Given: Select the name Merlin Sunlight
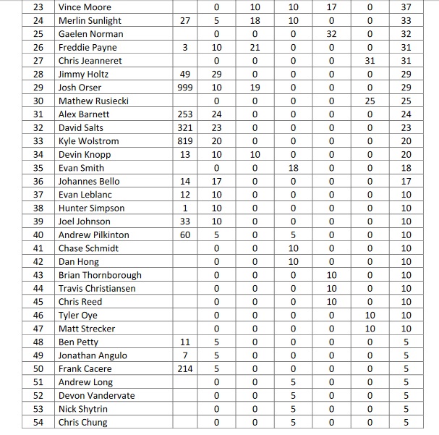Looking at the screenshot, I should point(90,21).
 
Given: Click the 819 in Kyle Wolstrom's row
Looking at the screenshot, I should point(185,141).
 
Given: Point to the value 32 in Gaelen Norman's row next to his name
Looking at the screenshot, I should point(331,34).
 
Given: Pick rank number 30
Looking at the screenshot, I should point(38,101).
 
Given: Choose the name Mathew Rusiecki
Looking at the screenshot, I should point(93,101).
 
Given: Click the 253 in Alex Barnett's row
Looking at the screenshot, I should point(185,114).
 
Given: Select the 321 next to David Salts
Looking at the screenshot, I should point(185,128).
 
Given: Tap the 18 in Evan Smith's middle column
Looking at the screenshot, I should point(293,168).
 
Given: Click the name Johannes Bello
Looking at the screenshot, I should point(89,182).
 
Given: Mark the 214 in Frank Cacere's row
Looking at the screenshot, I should point(185,369).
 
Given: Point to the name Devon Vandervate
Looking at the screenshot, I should point(96,396).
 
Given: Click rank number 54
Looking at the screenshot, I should point(38,423).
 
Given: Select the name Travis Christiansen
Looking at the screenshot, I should point(97,289).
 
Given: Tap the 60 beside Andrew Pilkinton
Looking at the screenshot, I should point(185,235).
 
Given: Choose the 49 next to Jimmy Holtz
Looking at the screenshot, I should point(185,75).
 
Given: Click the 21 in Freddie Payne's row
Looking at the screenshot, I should point(255,48).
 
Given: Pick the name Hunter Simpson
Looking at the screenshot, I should point(91,208).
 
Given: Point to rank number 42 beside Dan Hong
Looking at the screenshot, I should point(38,262).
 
